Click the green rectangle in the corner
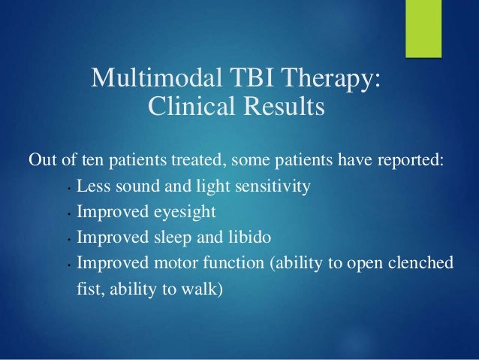(423, 29)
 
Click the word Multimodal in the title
(156, 77)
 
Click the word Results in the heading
(284, 105)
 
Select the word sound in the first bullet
(138, 186)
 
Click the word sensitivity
(273, 186)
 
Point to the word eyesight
(185, 212)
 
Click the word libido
(249, 237)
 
